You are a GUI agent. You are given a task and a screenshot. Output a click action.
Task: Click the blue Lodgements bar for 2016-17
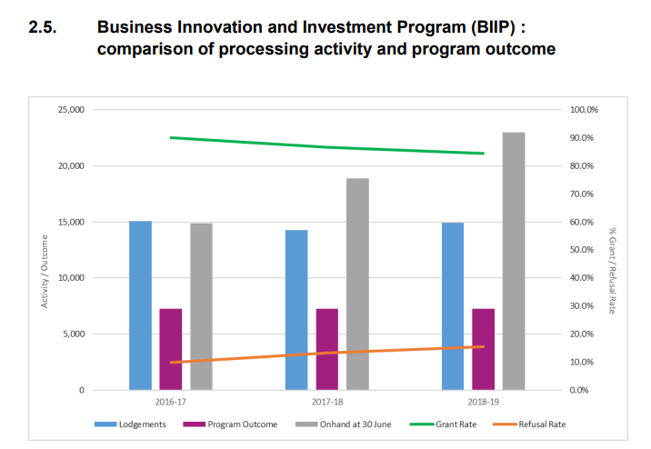[140, 305]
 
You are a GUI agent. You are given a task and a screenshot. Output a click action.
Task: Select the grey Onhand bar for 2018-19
[514, 261]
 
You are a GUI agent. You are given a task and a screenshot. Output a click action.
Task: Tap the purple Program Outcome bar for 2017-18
[327, 349]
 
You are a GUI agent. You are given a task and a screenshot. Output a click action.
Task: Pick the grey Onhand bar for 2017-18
[357, 284]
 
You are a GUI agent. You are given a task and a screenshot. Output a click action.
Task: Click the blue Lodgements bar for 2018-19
[453, 306]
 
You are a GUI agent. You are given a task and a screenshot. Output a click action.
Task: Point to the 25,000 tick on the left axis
[70, 110]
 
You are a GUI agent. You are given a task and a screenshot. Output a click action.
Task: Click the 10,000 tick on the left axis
[70, 278]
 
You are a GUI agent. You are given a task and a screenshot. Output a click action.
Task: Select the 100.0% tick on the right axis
[584, 110]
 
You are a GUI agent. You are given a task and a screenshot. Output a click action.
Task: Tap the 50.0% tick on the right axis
[582, 250]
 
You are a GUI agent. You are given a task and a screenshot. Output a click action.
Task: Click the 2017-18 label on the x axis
[327, 400]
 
